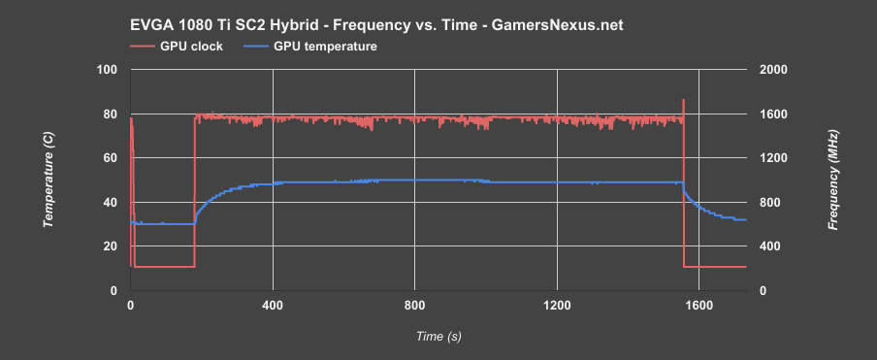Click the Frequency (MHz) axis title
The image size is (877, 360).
click(832, 180)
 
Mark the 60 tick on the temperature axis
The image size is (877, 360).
click(112, 158)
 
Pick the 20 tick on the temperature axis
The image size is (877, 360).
click(112, 246)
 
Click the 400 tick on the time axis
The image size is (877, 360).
click(273, 306)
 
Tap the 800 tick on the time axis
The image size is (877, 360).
click(414, 306)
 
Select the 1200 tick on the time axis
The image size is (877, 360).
click(557, 306)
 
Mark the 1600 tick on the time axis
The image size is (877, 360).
click(698, 306)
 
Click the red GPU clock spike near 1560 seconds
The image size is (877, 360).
click(683, 103)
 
